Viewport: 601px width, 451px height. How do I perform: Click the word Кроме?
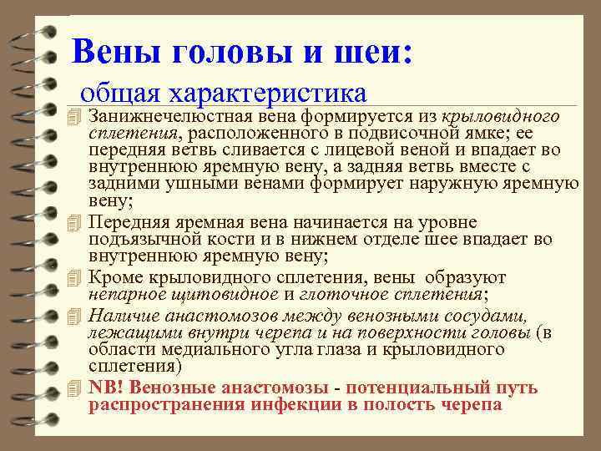coord(113,277)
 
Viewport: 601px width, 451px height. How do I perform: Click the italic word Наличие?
coord(120,315)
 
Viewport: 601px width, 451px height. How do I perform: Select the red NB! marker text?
coord(105,388)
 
